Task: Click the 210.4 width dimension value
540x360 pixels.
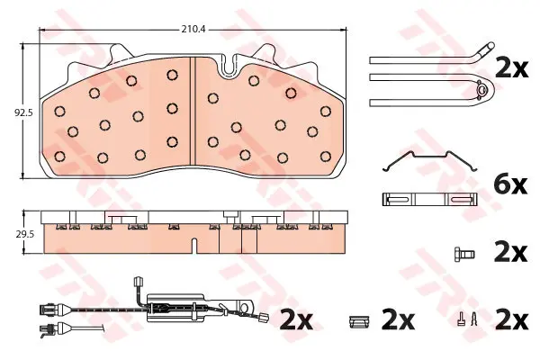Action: (193, 30)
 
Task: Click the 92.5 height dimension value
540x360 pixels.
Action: (23, 112)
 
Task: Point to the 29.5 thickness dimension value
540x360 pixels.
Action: (25, 235)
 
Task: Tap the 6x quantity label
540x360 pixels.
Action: (510, 185)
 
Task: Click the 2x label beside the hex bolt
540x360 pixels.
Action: (510, 253)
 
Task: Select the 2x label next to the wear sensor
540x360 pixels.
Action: (296, 320)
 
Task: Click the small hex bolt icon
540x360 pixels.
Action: (463, 255)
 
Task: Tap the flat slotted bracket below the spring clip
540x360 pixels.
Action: (430, 200)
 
